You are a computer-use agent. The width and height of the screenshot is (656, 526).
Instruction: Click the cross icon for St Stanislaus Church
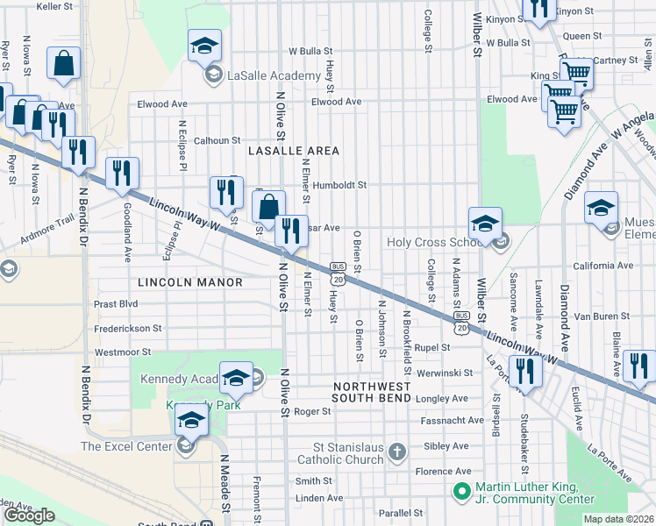(397, 451)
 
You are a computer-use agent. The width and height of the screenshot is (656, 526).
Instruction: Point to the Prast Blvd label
(116, 305)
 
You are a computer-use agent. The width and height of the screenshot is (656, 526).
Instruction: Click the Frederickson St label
(128, 329)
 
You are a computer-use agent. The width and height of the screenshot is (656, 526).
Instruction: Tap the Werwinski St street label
(446, 373)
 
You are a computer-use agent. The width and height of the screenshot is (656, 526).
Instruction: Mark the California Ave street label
(603, 266)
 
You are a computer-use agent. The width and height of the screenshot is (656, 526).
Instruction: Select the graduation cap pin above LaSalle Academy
(204, 46)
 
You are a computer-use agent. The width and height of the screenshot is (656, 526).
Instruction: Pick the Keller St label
(54, 6)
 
